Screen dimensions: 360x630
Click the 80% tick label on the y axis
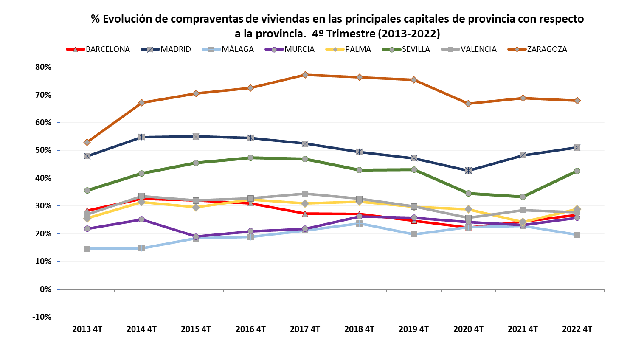click(x=43, y=67)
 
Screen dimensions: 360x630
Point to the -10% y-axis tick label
click(x=42, y=317)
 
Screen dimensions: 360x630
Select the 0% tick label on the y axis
click(x=45, y=290)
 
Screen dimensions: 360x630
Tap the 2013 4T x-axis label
click(x=87, y=329)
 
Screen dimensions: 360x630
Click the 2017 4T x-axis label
click(x=305, y=329)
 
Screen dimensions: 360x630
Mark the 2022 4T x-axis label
click(x=577, y=329)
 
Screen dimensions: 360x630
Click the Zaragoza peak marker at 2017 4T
click(x=305, y=75)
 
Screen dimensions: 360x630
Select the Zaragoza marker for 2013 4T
click(x=87, y=142)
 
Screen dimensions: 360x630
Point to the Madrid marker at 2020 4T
click(x=468, y=170)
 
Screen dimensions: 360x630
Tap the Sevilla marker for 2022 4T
click(x=577, y=171)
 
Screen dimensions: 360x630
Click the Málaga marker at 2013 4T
click(x=87, y=249)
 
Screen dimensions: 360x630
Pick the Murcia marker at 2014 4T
click(x=141, y=219)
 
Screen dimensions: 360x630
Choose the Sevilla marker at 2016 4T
click(x=250, y=158)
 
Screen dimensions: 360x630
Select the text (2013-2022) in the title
click(x=409, y=34)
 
